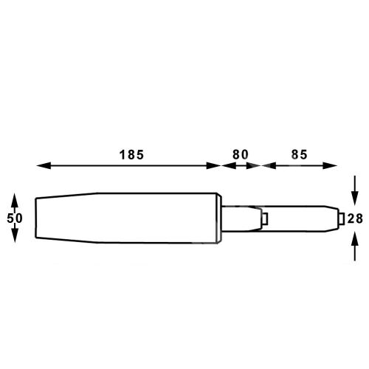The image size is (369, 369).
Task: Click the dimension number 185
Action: coord(131,155)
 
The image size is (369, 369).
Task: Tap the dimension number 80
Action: coord(241,155)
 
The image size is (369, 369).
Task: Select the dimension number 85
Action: coord(299,155)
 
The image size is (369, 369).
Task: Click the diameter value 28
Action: coord(355,218)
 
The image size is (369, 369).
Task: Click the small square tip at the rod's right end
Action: coord(340,218)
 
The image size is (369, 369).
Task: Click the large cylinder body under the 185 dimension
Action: coord(125,218)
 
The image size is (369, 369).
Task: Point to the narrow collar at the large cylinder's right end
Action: coord(218,218)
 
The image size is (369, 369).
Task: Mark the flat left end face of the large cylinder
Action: coord(36,218)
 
